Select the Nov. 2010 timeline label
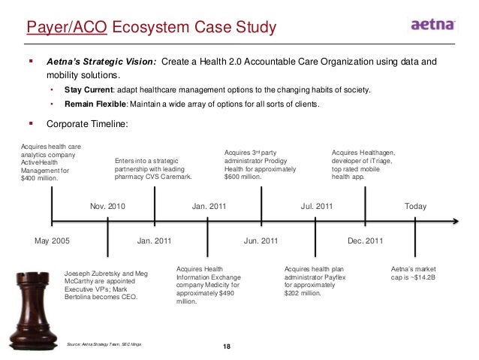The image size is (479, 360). point(107,205)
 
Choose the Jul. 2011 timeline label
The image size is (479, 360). point(317,205)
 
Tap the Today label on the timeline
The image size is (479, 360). point(415,205)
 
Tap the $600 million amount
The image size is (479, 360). point(237,178)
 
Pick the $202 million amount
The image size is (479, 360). point(304,293)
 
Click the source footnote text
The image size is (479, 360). point(104,343)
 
